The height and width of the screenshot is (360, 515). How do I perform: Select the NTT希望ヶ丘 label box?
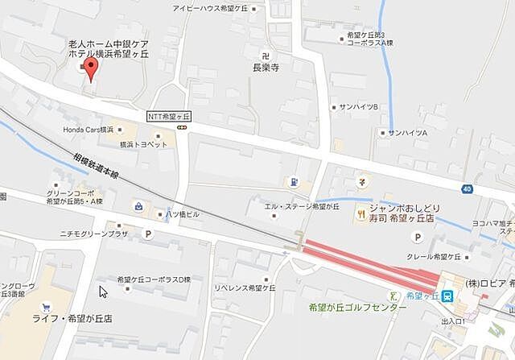click(167, 116)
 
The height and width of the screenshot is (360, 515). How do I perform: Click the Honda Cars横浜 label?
click(87, 129)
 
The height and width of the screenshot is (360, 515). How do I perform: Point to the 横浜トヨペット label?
click(143, 144)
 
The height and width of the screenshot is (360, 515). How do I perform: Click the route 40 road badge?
click(467, 188)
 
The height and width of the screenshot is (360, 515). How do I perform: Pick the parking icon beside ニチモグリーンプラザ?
click(147, 234)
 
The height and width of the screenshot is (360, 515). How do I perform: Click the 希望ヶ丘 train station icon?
click(447, 296)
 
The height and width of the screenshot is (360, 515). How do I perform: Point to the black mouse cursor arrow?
click(102, 291)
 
